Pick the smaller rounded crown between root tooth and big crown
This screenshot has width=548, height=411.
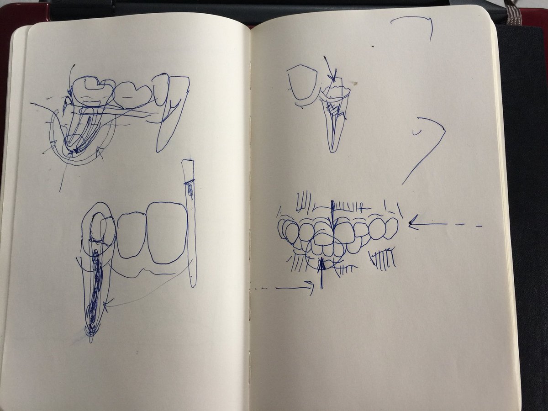[x=132, y=235]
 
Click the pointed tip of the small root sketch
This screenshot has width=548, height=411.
[x=333, y=148]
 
